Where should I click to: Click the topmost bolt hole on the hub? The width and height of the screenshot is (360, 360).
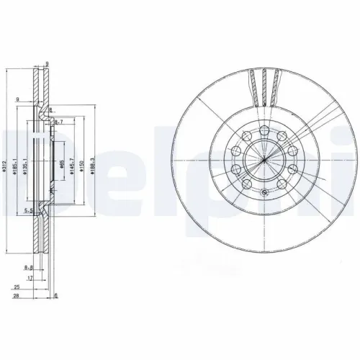(265, 129)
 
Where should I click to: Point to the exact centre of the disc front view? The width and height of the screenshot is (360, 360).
(265, 159)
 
